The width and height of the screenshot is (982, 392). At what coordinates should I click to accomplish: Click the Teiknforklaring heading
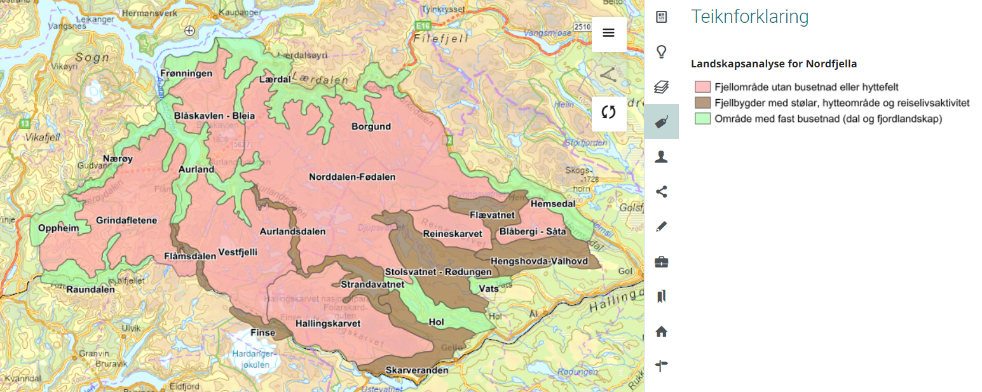[749, 17]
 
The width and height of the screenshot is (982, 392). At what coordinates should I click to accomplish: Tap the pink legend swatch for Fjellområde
[702, 86]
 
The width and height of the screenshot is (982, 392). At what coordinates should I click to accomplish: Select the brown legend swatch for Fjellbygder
[702, 103]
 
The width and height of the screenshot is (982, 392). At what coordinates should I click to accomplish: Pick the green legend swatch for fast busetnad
[702, 119]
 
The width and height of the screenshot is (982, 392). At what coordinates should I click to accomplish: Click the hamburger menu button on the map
[608, 34]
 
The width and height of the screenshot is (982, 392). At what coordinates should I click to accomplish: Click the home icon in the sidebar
[661, 331]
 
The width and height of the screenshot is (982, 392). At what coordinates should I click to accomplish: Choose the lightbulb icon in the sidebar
[661, 52]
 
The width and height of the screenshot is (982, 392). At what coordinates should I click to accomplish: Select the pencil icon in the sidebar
[661, 226]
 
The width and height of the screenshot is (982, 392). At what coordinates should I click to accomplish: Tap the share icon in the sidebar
[661, 191]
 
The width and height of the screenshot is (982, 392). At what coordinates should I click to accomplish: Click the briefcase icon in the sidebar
[661, 261]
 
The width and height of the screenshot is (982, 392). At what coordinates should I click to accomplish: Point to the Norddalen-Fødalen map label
[352, 177]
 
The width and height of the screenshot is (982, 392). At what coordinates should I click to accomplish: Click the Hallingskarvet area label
[328, 324]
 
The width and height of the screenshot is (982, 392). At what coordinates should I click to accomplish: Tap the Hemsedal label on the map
[552, 204]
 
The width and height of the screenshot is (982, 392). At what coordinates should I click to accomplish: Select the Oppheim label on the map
[58, 228]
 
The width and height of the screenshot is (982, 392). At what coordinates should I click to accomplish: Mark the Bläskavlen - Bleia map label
[214, 116]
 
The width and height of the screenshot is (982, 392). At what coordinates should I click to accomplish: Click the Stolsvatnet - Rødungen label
[438, 273]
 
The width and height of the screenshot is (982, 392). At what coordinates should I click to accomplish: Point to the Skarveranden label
[416, 370]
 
